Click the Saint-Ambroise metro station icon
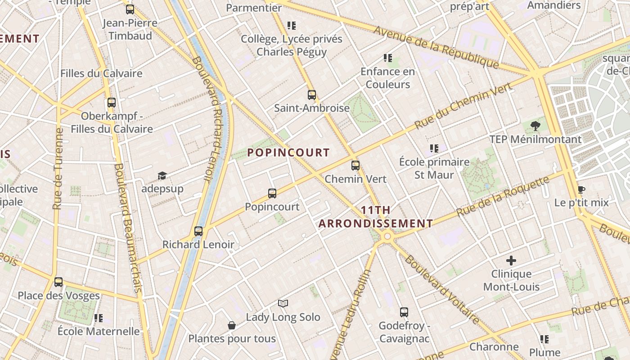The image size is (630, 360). pyautogui.click(x=312, y=95)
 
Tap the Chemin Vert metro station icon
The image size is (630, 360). pyautogui.click(x=355, y=166)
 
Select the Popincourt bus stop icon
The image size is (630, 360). pyautogui.click(x=272, y=193)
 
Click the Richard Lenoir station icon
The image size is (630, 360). pyautogui.click(x=198, y=231)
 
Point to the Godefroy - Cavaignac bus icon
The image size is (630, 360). pyautogui.click(x=404, y=312)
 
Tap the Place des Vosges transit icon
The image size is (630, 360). pyautogui.click(x=58, y=282)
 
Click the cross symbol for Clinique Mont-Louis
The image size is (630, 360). pyautogui.click(x=511, y=261)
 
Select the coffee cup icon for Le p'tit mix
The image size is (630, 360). pyautogui.click(x=581, y=189)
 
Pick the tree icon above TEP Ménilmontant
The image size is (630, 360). pyautogui.click(x=535, y=126)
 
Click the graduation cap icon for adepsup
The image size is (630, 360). pyautogui.click(x=162, y=175)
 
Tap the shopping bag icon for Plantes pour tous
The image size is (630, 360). pyautogui.click(x=232, y=325)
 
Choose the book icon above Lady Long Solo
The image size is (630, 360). pyautogui.click(x=283, y=304)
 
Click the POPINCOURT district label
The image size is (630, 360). pyautogui.click(x=288, y=153)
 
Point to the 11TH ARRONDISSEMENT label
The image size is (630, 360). pyautogui.click(x=376, y=217)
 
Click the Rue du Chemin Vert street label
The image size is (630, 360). pyautogui.click(x=463, y=106)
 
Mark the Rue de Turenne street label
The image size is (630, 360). pyautogui.click(x=58, y=169)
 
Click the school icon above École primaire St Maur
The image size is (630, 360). pyautogui.click(x=434, y=148)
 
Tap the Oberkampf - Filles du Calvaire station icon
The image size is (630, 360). pyautogui.click(x=112, y=103)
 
